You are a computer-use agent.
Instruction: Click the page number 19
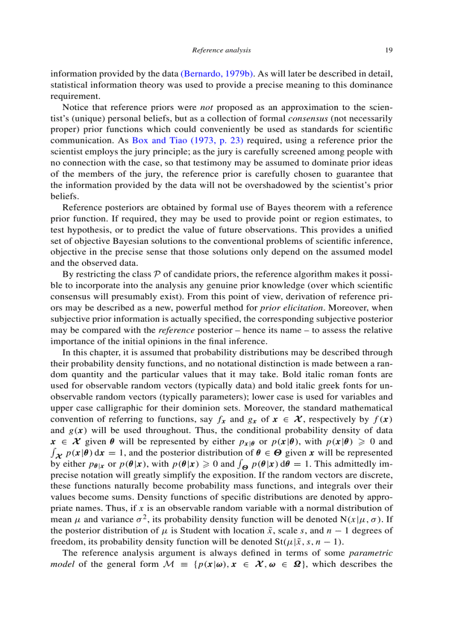click(x=389, y=50)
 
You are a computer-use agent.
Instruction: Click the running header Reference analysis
click(x=221, y=50)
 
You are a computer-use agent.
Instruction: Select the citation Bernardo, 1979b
click(x=218, y=74)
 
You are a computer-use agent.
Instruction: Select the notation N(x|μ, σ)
click(x=362, y=519)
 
